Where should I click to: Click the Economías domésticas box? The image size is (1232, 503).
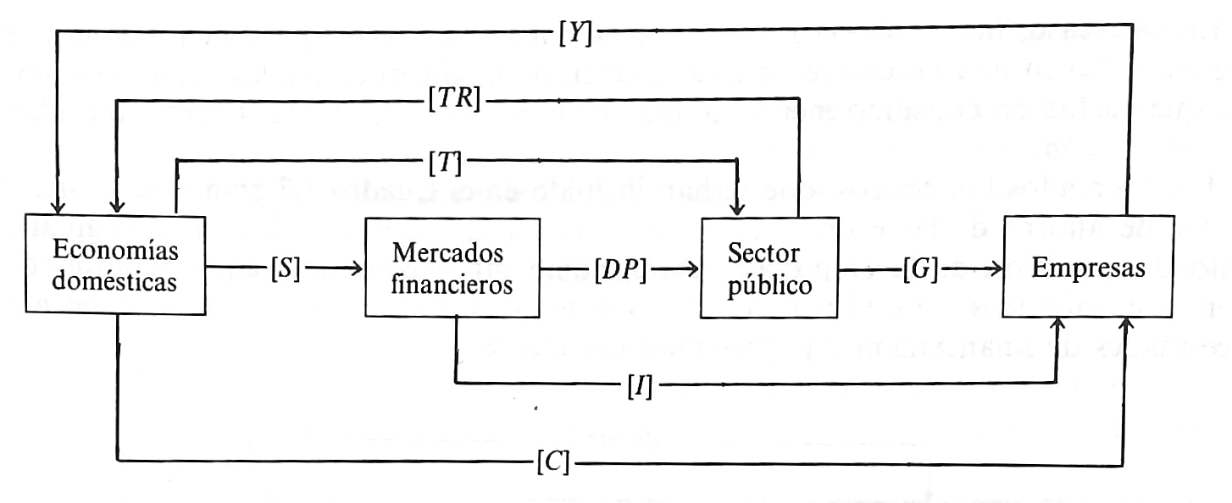tap(115, 267)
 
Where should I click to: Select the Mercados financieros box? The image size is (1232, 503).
tap(452, 268)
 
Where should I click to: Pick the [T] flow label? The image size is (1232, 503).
tap(444, 160)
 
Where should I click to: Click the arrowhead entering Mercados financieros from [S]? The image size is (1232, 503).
tap(355, 269)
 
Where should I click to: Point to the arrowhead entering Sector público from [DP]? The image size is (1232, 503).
tap(692, 269)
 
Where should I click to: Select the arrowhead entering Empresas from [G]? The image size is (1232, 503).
tap(995, 269)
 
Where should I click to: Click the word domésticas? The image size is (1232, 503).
tap(115, 283)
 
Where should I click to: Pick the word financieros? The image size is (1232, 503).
tap(452, 285)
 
